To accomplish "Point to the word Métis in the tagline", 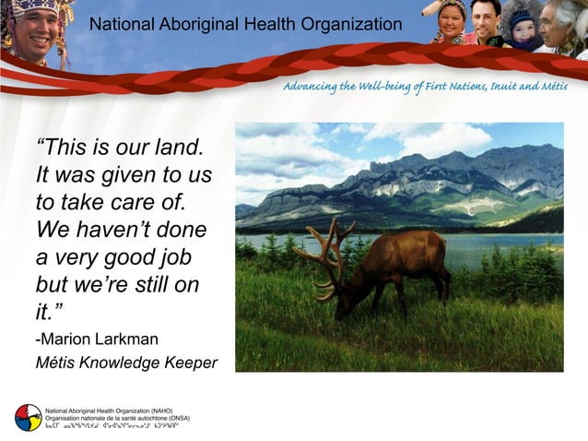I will [549, 87].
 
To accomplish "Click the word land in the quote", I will [179, 148].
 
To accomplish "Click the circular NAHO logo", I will [28, 417].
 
